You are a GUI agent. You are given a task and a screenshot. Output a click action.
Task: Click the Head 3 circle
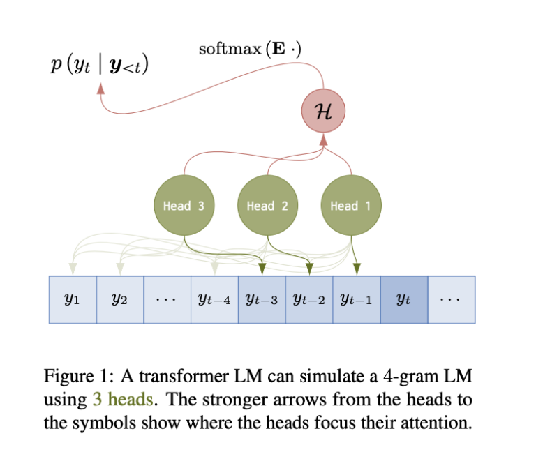coord(184,205)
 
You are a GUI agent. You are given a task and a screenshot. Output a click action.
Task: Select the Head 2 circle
coord(267,205)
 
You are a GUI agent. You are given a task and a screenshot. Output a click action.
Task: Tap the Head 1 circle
coord(351,205)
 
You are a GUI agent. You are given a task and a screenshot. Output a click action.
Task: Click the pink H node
coord(323,113)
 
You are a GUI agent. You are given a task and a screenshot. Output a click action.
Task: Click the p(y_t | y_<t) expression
coord(100,67)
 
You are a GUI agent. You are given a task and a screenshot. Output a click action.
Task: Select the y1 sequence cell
coord(72,300)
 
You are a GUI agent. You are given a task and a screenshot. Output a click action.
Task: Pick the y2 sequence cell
coord(119,300)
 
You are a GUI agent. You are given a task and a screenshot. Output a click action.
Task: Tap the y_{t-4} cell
coord(214,300)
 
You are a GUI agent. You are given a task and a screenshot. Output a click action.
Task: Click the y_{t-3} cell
coord(262,300)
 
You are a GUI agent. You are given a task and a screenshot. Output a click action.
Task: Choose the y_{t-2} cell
coord(309,300)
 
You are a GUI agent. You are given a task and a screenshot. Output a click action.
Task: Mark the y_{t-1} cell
coord(357,300)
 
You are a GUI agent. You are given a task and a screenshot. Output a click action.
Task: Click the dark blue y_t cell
coord(404,300)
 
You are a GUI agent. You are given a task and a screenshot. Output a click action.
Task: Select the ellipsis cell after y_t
coord(452,300)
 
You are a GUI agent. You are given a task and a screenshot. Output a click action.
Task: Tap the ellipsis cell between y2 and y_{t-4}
coord(167,300)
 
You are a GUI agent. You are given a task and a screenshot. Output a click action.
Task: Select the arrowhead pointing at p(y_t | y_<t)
coord(102,89)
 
